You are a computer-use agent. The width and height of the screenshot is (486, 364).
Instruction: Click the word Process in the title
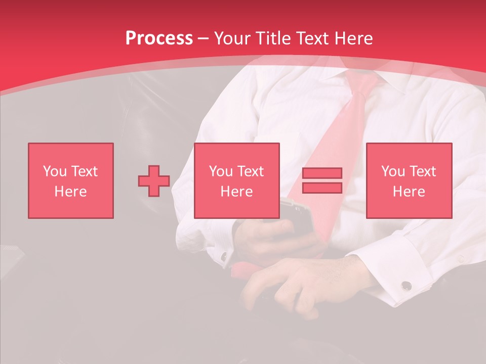coord(159,38)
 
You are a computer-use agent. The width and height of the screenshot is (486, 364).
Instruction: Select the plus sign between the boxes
coord(154,180)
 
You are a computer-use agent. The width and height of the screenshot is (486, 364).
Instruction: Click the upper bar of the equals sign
coord(322,173)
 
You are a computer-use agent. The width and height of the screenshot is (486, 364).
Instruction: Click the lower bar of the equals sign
coord(322,188)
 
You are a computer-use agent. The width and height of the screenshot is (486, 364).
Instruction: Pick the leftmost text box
coord(71,180)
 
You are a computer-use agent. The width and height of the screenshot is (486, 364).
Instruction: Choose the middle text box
coord(236,180)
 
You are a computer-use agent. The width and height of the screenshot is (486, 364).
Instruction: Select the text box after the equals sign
coord(409,180)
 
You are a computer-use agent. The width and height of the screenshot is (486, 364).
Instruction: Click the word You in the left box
coord(54,171)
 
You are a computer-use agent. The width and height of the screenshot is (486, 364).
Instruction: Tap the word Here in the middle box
coord(236,192)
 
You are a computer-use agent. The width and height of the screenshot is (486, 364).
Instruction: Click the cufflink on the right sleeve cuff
coord(406,286)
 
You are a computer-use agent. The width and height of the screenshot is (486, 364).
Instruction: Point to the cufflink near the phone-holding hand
coord(223,257)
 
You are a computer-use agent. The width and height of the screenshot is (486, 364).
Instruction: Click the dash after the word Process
coord(204,38)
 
